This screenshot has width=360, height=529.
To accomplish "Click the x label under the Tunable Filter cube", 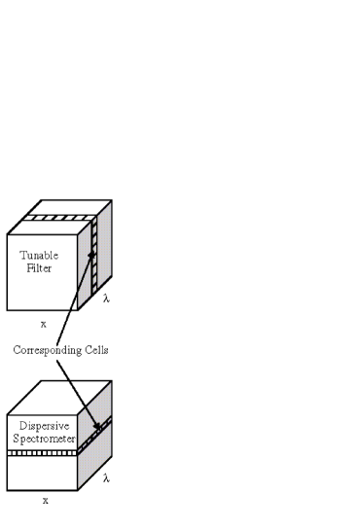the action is (44, 324).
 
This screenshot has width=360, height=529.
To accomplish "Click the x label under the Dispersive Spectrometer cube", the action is (45, 500).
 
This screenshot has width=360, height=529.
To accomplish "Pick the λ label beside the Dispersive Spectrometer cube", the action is (106, 477).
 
